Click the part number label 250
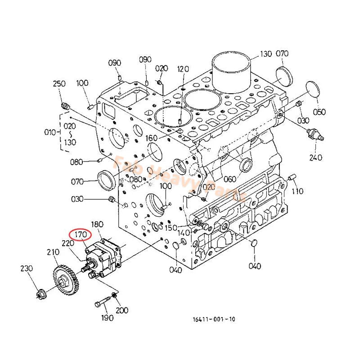[x=59, y=84]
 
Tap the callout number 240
[x=316, y=157]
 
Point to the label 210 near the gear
[x=53, y=252]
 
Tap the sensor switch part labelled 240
[x=314, y=134]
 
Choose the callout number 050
[x=319, y=112]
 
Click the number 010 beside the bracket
[x=49, y=132]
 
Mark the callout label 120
[x=183, y=69]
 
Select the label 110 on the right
[x=297, y=191]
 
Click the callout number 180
[x=97, y=224]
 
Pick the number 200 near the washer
[x=121, y=310]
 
